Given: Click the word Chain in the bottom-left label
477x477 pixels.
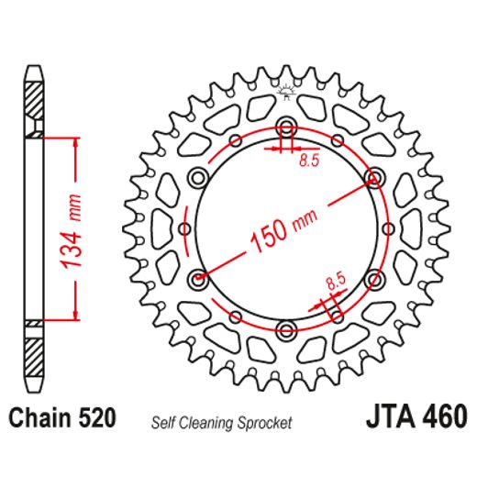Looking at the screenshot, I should (38, 419).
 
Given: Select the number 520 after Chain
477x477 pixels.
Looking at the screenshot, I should (95, 419).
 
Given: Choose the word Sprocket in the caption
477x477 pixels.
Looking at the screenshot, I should (266, 423).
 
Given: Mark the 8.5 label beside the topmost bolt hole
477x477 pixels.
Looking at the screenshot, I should (308, 161).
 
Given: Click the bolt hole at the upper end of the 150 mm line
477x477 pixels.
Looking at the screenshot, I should (373, 175).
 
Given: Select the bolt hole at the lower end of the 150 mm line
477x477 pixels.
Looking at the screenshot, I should (196, 278).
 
